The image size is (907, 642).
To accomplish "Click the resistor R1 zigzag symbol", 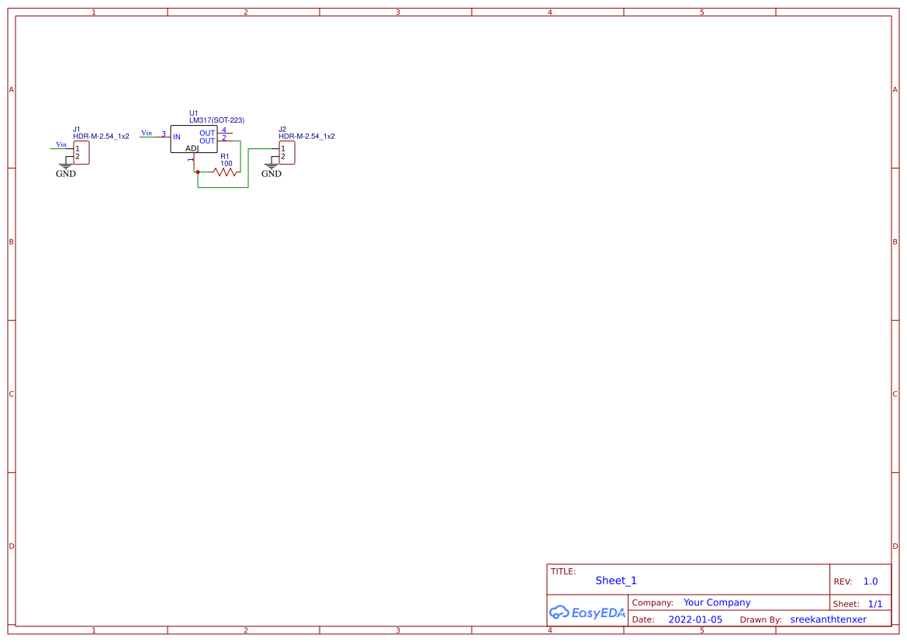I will (x=225, y=172).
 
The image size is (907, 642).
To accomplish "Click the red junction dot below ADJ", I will (x=198, y=172).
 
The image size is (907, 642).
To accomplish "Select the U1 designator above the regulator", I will (x=194, y=113).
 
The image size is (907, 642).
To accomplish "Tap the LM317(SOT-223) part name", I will (x=216, y=120).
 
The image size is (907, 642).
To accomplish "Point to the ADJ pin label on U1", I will (x=192, y=148).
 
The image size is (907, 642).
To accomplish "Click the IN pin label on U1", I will (x=177, y=137).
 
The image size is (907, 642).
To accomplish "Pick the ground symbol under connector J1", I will (x=66, y=166).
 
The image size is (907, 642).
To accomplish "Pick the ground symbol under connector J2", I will (x=272, y=166).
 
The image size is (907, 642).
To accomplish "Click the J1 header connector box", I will (x=81, y=152).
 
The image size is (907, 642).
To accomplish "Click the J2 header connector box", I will (x=287, y=152).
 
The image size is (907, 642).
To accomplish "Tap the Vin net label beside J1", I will (x=61, y=144).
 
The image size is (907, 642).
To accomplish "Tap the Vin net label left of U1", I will (x=147, y=133).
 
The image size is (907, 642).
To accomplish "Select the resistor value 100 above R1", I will (x=227, y=164).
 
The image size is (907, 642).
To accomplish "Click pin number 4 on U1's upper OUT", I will (x=224, y=130).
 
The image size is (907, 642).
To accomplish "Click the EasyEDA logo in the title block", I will (x=587, y=613).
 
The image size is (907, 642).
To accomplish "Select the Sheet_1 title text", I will (x=616, y=581).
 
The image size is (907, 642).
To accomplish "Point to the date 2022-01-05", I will (x=695, y=619).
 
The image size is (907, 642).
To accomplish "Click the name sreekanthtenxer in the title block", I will (x=828, y=619).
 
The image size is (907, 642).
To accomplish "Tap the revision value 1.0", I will (x=871, y=581).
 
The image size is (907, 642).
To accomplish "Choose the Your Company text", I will (x=717, y=602).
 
